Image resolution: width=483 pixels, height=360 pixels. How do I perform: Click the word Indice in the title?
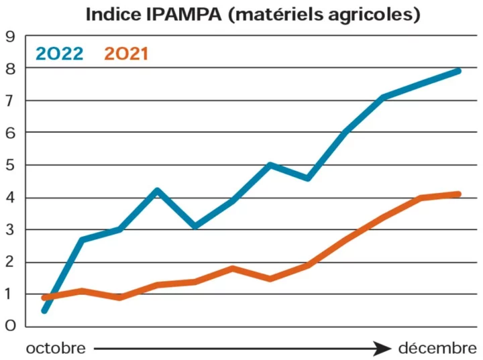(111, 14)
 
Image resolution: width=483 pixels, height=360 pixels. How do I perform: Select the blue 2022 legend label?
(60, 53)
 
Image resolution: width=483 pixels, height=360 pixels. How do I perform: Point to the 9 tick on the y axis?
(10, 36)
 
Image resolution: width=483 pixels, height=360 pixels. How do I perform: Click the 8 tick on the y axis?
(10, 68)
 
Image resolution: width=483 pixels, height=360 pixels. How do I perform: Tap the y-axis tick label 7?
(10, 101)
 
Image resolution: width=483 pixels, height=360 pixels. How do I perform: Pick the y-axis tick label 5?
(10, 165)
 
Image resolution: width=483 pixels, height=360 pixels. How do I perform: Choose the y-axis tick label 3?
(10, 229)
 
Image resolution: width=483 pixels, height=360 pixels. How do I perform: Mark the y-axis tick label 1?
(10, 294)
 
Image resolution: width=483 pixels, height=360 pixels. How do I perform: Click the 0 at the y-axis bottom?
(10, 326)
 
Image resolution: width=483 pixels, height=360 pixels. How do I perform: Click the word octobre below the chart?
(56, 349)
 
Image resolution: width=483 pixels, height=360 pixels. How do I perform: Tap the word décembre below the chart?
(437, 349)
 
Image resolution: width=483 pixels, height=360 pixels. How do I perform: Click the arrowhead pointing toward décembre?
(383, 349)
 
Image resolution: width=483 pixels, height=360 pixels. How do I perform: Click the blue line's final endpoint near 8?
(459, 70)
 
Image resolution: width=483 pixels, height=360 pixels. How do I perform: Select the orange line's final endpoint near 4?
(459, 194)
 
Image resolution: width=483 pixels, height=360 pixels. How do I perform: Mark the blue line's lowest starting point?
(44, 310)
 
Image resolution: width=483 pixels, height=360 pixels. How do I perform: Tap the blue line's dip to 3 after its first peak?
(195, 226)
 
